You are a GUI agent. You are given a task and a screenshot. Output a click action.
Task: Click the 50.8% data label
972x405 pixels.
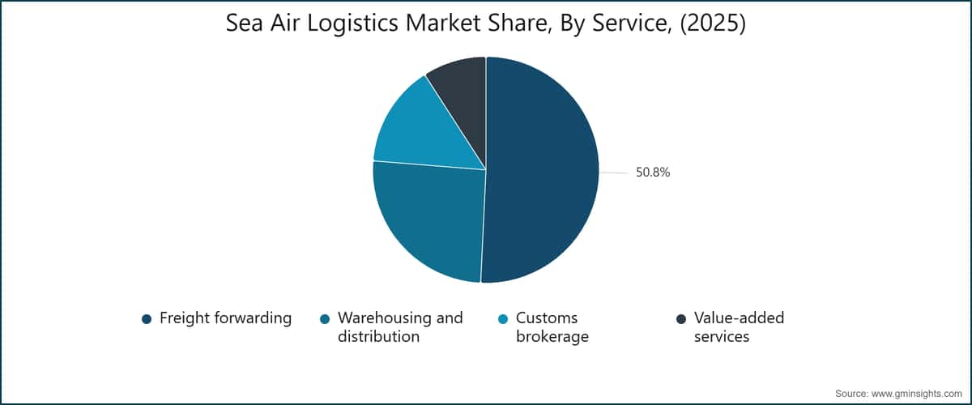(x=653, y=173)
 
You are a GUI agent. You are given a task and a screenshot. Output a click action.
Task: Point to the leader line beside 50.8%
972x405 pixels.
(x=615, y=173)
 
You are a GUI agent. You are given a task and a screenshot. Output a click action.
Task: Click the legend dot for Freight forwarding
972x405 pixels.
(x=147, y=319)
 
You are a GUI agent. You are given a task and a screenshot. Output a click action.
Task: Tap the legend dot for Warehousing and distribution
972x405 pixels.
(x=325, y=319)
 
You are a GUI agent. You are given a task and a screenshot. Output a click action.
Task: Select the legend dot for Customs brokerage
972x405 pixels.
(x=503, y=319)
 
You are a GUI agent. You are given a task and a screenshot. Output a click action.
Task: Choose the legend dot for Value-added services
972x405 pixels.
(x=681, y=319)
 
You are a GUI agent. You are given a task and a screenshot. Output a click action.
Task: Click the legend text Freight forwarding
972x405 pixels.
(x=226, y=318)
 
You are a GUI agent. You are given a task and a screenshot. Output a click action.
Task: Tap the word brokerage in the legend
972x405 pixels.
(x=552, y=337)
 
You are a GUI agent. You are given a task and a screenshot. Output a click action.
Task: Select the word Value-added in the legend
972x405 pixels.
(x=739, y=318)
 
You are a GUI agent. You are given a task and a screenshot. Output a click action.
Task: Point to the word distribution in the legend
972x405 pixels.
(x=378, y=337)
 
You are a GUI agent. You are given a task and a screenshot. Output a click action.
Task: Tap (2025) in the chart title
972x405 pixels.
(x=713, y=23)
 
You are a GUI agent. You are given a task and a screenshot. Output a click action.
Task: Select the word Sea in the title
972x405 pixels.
(x=245, y=23)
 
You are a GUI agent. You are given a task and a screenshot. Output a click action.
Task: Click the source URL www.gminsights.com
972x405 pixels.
(x=917, y=394)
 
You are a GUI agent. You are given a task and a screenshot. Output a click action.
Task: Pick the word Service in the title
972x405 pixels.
(x=629, y=24)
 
